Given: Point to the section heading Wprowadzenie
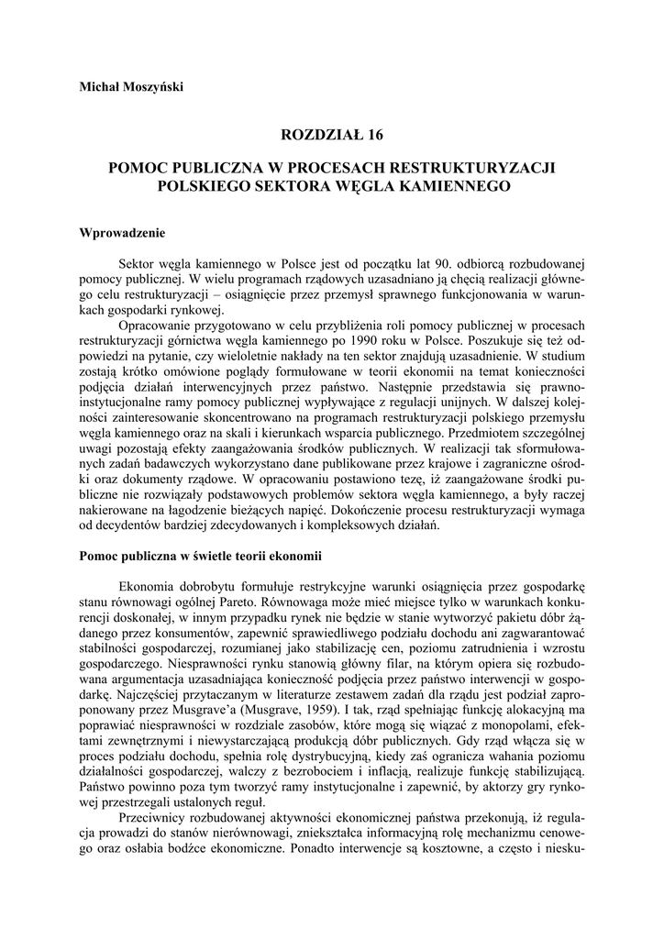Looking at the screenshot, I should pyautogui.click(x=122, y=233).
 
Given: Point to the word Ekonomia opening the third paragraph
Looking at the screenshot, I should pyautogui.click(x=149, y=586).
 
